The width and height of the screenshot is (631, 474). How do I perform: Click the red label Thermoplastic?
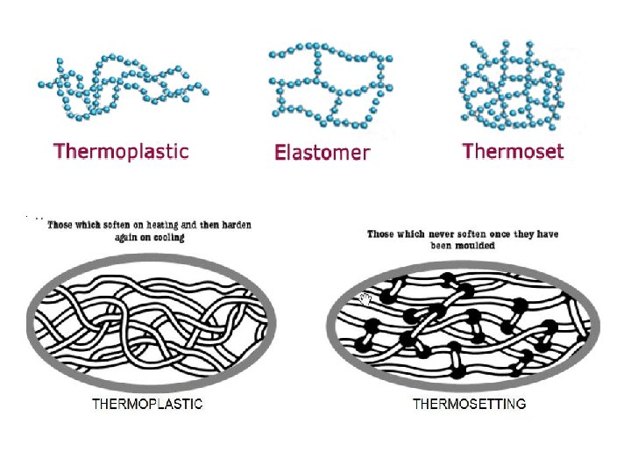[121, 151]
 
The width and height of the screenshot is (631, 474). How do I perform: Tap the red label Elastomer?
[323, 153]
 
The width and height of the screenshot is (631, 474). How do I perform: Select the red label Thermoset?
[513, 151]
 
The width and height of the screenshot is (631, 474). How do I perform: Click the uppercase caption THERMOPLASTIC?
[148, 405]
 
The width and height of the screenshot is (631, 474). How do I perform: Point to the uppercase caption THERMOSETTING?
[470, 405]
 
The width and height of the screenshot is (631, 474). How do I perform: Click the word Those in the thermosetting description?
[380, 234]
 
